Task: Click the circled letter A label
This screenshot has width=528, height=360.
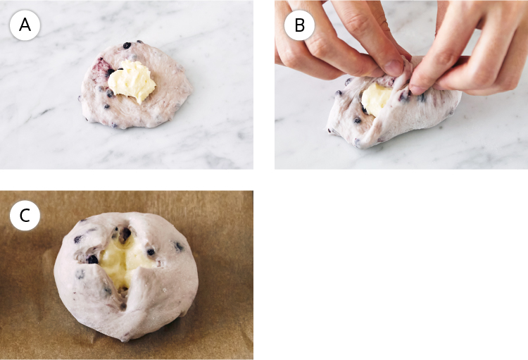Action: (x=25, y=25)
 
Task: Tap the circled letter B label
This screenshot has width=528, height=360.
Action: (x=299, y=25)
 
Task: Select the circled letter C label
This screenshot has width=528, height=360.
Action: (x=25, y=215)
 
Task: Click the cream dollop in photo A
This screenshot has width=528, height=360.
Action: (x=132, y=81)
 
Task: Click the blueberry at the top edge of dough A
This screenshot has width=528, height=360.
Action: (x=127, y=45)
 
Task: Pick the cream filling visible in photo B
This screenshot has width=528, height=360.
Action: (x=376, y=99)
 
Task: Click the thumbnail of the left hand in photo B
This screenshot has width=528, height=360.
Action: (x=393, y=67)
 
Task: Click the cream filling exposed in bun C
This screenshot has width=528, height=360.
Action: (x=125, y=261)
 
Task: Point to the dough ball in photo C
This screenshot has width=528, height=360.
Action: (x=126, y=275)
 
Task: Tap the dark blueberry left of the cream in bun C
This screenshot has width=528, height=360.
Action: (x=93, y=259)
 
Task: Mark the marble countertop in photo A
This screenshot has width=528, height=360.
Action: (x=215, y=135)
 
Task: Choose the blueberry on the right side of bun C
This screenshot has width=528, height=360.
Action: (x=179, y=247)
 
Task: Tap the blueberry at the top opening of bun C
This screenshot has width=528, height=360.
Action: (x=126, y=232)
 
